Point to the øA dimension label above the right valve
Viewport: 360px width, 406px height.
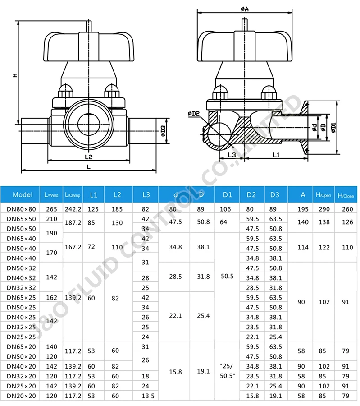pyautogui.click(x=245, y=9)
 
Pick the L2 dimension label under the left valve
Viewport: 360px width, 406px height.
pyautogui.click(x=88, y=157)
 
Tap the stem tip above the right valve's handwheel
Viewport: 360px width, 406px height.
pyautogui.click(x=245, y=23)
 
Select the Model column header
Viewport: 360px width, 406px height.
pyautogui.click(x=23, y=195)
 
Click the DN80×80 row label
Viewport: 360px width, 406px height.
pyautogui.click(x=21, y=209)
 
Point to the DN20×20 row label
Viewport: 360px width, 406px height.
pyautogui.click(x=21, y=396)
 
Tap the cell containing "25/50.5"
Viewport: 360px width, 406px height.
pyautogui.click(x=227, y=371)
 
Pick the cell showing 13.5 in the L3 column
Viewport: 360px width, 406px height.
pyautogui.click(x=146, y=396)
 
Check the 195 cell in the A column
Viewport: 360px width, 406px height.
pyautogui.click(x=303, y=209)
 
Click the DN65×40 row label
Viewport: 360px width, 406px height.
pyautogui.click(x=21, y=239)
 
